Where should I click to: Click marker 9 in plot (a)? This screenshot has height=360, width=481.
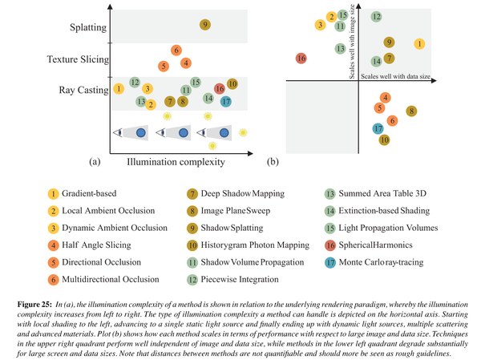pos(205,26)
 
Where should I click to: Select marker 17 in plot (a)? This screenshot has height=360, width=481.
pos(226,102)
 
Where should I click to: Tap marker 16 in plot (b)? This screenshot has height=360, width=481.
pos(301,59)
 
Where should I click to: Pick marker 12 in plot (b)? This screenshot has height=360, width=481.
pos(376,16)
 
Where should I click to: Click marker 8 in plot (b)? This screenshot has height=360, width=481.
pos(411,111)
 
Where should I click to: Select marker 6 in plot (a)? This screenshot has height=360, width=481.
pos(176,51)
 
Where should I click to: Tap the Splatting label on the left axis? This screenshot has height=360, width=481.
pos(88,28)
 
